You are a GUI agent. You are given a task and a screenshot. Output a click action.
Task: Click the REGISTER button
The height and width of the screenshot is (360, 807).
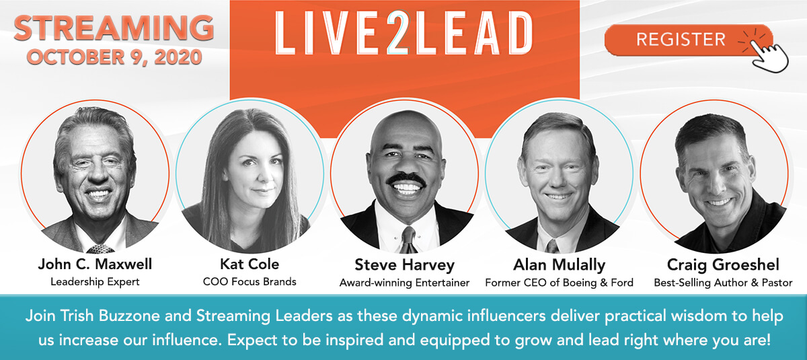tap(688, 40)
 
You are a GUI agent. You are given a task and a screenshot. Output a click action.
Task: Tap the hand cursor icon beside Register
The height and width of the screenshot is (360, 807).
tap(767, 55)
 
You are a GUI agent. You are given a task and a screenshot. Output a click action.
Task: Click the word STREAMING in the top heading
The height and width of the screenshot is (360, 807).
tap(114, 28)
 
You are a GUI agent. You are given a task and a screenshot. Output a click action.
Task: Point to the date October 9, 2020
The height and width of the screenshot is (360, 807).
tap(114, 57)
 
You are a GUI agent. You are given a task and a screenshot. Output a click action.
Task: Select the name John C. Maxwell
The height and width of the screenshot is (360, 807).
tap(95, 264)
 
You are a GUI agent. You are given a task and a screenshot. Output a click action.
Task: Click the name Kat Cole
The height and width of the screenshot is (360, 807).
tap(249, 264)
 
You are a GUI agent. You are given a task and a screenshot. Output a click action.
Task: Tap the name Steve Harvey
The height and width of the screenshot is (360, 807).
tap(405, 265)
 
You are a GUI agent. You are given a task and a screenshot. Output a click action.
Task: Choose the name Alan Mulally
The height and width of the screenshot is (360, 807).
tap(559, 265)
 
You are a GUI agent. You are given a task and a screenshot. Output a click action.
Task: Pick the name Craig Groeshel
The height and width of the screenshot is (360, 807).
tap(723, 265)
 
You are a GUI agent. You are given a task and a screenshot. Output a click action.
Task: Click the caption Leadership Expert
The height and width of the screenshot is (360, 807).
tap(95, 282)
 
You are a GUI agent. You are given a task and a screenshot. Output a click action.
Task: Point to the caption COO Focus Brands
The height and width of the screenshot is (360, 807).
tap(249, 282)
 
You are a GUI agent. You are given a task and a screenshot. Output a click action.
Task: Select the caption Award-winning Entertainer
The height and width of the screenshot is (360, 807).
tap(405, 283)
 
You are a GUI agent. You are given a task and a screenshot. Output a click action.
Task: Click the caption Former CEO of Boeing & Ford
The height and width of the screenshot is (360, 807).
tap(559, 283)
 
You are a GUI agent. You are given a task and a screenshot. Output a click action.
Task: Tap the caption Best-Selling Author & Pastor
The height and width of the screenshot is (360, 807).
tap(723, 283)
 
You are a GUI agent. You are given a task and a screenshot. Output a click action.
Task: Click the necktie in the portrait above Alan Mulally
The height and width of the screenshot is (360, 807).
tap(552, 246)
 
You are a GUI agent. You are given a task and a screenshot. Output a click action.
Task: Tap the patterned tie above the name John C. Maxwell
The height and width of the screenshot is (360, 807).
tap(100, 249)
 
